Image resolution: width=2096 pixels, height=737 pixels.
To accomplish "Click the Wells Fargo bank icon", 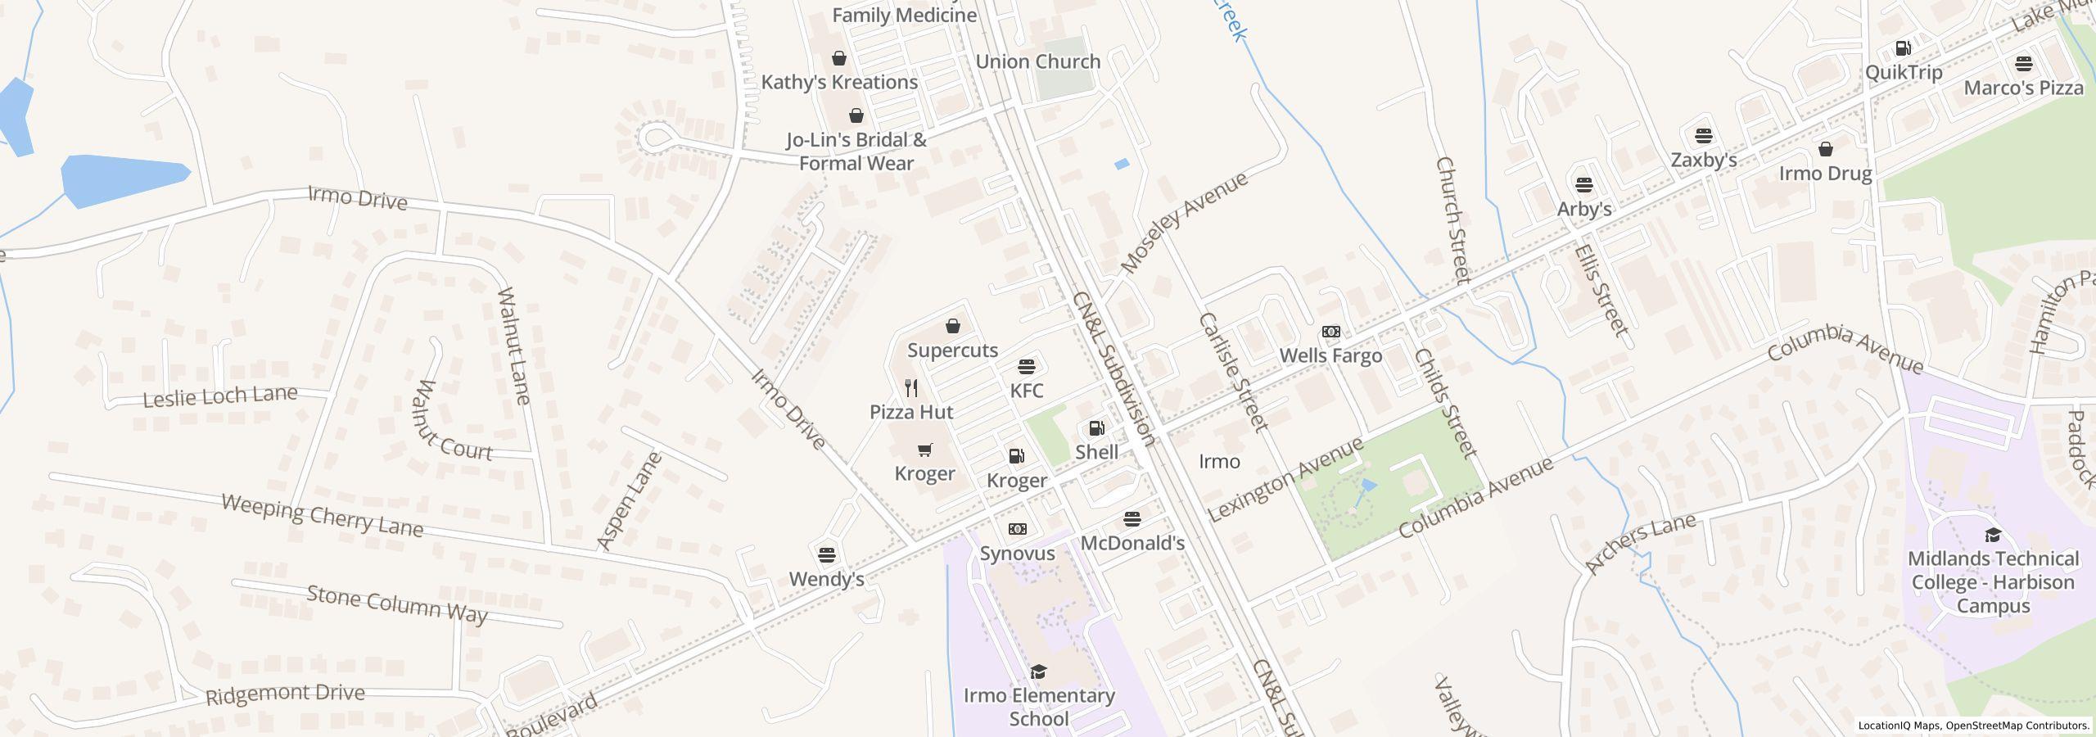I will tap(1331, 332).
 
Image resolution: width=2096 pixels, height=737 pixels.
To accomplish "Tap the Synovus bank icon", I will tap(1017, 529).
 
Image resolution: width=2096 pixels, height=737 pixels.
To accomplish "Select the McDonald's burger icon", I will tap(1132, 518).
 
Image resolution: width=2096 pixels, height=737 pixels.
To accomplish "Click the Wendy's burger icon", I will tap(827, 554).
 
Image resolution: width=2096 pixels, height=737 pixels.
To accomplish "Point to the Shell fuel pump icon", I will tap(1096, 428).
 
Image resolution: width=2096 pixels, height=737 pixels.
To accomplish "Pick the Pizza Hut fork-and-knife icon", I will tap(911, 387).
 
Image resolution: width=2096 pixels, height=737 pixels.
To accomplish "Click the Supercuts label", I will tap(952, 350).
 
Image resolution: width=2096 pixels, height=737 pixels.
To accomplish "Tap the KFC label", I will tap(1027, 391).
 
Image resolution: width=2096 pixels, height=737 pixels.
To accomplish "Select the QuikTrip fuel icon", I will tap(1904, 48).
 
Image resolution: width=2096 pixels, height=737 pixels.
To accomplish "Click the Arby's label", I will tap(1584, 209).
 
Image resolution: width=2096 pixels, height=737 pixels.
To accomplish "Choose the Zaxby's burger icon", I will tap(1704, 135).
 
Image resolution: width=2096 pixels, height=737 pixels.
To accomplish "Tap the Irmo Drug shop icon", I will tap(1826, 149).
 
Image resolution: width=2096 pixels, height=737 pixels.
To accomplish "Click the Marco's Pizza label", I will tap(2023, 88).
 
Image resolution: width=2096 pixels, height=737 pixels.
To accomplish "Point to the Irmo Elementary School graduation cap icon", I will tap(1039, 671).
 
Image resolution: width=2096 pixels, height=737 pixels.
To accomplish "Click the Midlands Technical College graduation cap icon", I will tap(1993, 535).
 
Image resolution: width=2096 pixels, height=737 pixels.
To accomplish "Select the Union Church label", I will tap(1037, 61).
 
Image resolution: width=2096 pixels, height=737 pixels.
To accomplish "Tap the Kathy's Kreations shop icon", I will tap(839, 58).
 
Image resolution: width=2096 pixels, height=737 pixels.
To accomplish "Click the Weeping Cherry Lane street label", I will tap(323, 515).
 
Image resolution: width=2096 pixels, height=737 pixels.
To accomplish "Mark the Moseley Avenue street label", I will tap(1184, 222).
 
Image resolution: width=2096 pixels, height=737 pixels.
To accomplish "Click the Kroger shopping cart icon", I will tap(925, 450).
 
